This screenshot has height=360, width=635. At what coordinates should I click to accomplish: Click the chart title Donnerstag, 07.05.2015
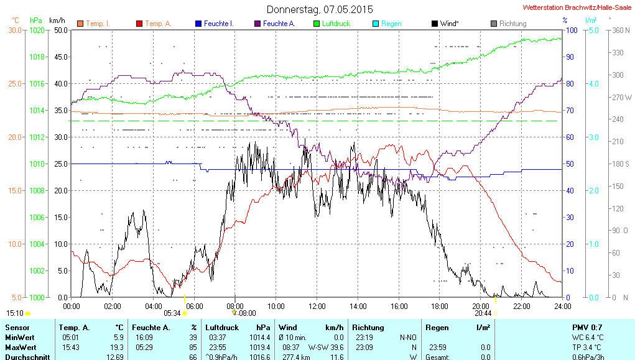(x=320, y=9)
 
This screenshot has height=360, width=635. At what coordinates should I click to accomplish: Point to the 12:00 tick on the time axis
(x=317, y=306)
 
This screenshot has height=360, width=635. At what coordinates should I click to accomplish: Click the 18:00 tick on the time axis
(x=439, y=306)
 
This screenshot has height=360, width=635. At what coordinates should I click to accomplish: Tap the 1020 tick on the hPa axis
(x=38, y=30)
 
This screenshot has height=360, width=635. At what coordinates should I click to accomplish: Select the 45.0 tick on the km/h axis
(x=60, y=57)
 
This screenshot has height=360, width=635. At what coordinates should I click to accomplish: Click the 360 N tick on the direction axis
(x=619, y=30)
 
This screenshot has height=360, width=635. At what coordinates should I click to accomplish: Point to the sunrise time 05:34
(x=172, y=313)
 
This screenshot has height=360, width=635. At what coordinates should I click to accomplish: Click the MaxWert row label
(x=21, y=347)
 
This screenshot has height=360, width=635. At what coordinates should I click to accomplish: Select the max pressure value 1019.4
(x=259, y=347)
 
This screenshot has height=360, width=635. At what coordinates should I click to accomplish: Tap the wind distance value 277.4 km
(x=296, y=357)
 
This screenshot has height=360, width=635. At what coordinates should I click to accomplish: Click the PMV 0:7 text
(x=586, y=327)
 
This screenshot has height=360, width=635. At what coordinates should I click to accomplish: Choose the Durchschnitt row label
(x=25, y=357)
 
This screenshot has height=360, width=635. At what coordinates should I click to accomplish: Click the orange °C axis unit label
(x=16, y=20)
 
